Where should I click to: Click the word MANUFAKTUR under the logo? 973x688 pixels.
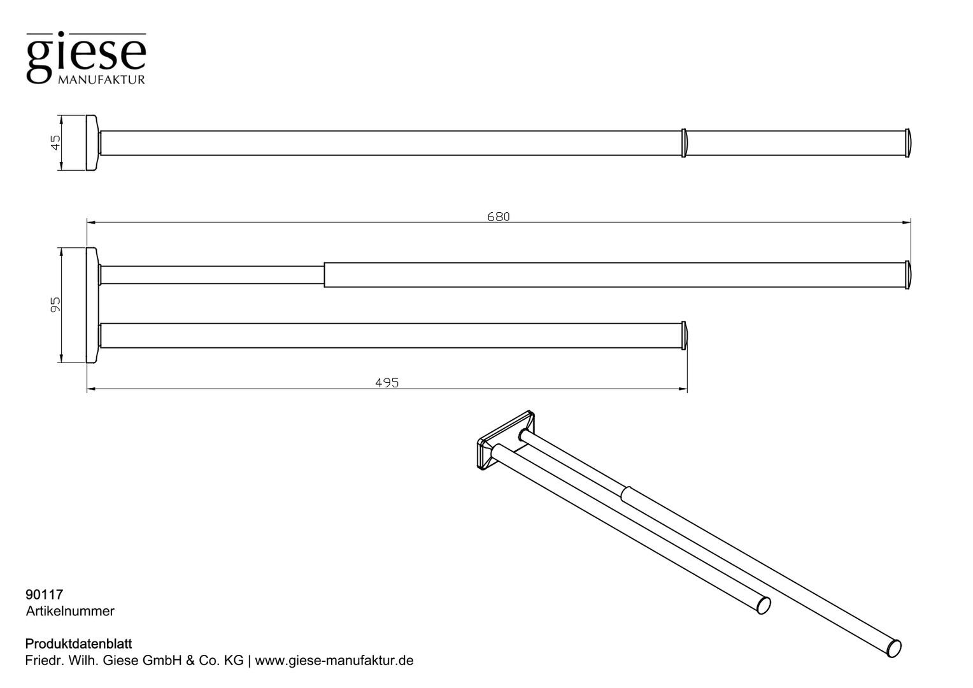click(101, 80)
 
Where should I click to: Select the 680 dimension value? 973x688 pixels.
click(498, 217)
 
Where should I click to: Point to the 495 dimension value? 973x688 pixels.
click(387, 383)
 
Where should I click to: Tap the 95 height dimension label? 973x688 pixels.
click(55, 305)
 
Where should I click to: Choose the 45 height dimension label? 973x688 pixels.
click(55, 143)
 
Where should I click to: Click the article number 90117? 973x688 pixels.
click(45, 594)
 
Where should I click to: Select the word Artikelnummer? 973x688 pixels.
click(70, 611)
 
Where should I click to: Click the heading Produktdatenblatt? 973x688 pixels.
click(78, 643)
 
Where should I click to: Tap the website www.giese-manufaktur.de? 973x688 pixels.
click(334, 661)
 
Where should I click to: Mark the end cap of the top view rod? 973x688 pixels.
click(907, 143)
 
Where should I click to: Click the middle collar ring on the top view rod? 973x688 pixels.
click(684, 143)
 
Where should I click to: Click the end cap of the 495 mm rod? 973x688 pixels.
click(684, 336)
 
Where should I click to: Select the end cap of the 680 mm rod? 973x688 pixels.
click(907, 275)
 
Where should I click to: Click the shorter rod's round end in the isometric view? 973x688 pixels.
click(763, 605)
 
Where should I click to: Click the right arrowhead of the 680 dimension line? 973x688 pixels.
click(907, 222)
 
